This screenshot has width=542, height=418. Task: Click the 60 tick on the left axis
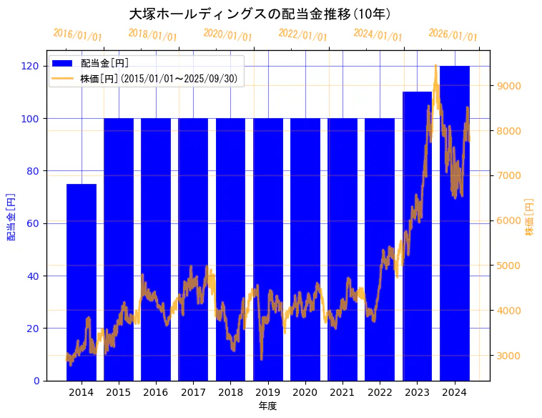point(33,223)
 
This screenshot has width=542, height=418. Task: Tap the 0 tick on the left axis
point(36,381)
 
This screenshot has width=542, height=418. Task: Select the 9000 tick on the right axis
point(509,86)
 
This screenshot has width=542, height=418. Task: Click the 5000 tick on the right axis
point(509,266)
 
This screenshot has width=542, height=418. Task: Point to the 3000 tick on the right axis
point(509,356)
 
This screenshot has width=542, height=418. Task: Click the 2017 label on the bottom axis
point(193,392)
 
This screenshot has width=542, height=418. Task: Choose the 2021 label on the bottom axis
point(343,392)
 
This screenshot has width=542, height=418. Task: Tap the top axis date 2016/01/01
point(78,35)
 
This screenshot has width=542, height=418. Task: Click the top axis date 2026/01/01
point(453,35)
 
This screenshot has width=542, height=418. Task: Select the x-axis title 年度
point(267,406)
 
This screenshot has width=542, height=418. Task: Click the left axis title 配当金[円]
point(11,216)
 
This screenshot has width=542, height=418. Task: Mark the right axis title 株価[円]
point(530,218)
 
